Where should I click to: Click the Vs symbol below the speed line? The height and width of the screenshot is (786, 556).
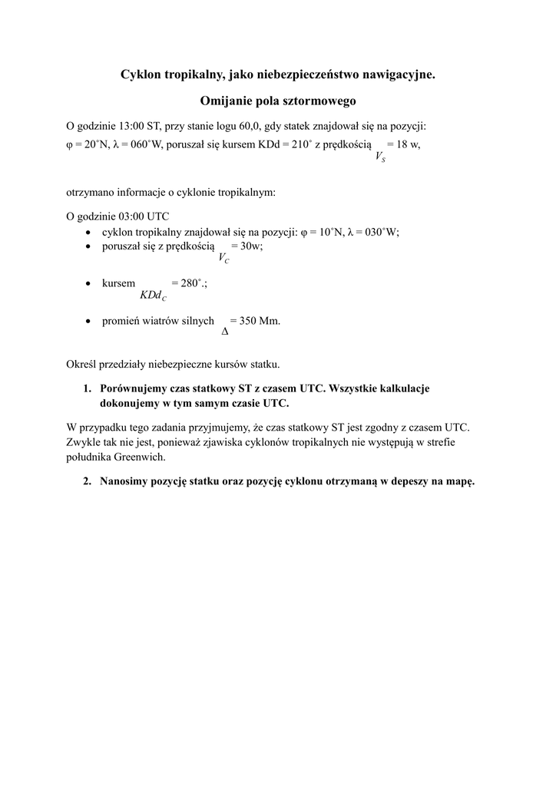[380, 157]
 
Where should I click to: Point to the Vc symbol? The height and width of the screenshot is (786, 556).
[223, 259]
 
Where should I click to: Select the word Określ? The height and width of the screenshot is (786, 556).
[84, 364]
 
